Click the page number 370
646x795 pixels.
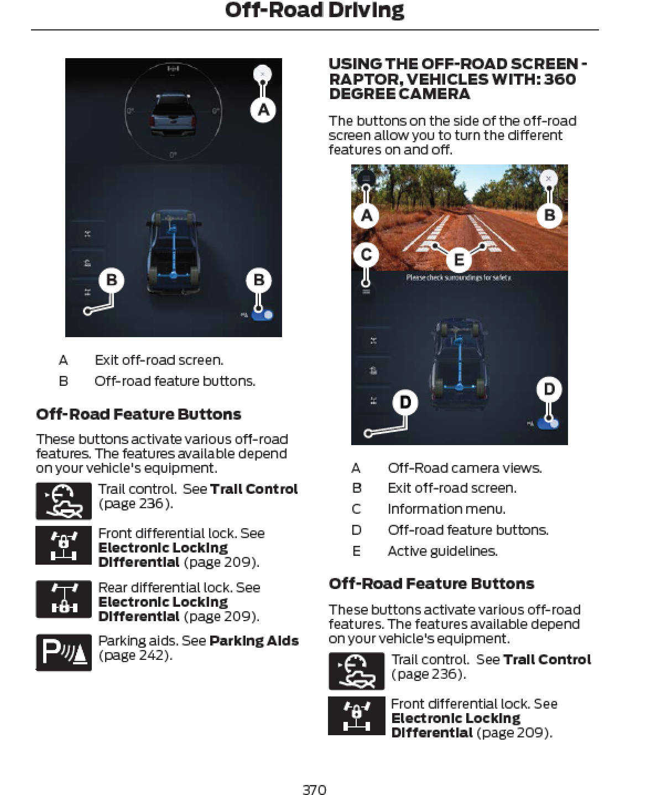pos(314,789)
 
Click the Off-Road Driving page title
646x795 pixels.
pos(314,11)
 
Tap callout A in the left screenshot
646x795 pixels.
pos(263,110)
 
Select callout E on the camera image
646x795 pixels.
pos(459,259)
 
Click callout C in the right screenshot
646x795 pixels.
pos(366,255)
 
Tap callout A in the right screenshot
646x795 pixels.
pos(366,215)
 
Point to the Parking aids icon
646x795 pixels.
pos(64,652)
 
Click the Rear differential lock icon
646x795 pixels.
pos(64,599)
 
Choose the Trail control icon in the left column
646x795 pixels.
pos(64,501)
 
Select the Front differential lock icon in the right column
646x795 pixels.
pos(356,715)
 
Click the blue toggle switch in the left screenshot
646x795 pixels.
pos(263,315)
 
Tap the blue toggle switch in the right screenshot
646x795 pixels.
pos(549,424)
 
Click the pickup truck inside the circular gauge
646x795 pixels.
pos(173,114)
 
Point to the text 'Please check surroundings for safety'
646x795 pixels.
pos(459,277)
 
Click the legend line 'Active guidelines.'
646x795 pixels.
pos(442,551)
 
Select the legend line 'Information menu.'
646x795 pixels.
pos(446,509)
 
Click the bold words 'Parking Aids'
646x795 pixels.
pos(254,641)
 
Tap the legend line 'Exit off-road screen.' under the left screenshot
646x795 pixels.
pos(159,360)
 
